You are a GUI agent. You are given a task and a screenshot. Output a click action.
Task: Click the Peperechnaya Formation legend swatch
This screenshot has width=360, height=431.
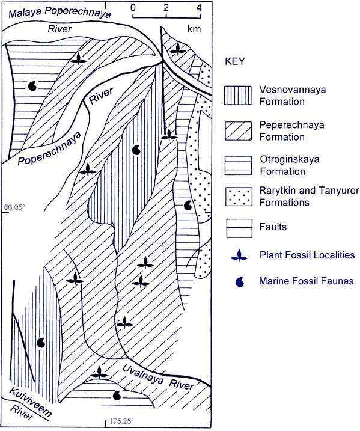[237, 130]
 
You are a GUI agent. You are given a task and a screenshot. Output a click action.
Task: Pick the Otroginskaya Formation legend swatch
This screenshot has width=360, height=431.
[237, 164]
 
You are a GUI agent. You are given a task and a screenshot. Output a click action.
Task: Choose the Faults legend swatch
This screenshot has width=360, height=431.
[237, 228]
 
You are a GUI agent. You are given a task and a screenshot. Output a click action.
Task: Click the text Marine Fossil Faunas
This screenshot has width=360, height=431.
[304, 280]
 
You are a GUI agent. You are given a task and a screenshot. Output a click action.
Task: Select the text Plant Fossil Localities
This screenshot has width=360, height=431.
[307, 255]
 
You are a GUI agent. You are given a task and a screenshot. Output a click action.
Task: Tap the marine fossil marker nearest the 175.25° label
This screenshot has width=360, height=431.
[118, 395]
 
